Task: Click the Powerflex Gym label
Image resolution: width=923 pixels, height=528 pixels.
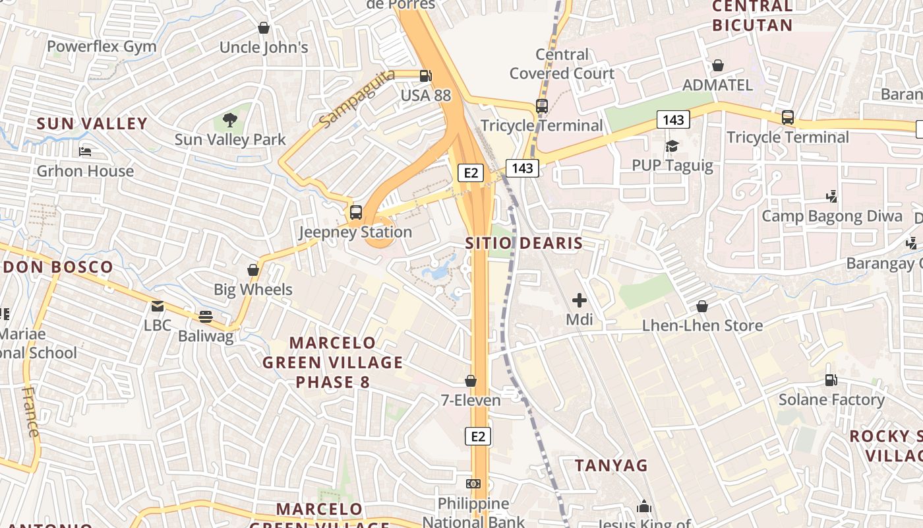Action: point(102,46)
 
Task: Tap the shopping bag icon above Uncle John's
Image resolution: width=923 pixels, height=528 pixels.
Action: point(264,28)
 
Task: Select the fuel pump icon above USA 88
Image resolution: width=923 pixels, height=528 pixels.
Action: point(426,76)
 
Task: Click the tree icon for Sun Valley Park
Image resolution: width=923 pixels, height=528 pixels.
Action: point(230,120)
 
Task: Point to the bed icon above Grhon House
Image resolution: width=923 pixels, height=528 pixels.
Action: point(85,152)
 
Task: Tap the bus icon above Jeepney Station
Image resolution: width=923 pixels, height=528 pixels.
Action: point(356,213)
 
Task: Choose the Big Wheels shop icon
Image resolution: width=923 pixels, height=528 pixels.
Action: point(253,270)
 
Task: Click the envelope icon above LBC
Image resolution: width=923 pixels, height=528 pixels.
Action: point(157,306)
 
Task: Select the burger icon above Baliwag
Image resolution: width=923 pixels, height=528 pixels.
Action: point(206,317)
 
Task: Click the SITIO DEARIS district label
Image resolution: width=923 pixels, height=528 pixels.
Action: point(524,243)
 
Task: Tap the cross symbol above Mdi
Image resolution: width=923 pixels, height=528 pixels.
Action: point(580,301)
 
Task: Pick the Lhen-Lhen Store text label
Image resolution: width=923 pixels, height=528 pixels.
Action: point(702,325)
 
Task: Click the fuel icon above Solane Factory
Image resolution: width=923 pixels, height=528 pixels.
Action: point(831,380)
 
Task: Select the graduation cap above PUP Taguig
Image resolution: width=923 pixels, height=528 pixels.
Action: point(672,146)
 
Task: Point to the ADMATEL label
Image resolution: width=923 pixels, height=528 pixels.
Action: point(717,85)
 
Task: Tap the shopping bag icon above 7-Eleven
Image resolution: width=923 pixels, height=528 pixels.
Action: point(471,381)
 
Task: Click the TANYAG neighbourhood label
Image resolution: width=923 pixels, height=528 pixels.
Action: point(611,465)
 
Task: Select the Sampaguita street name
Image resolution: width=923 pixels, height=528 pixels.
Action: point(357,98)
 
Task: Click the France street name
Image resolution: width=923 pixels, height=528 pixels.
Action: point(31,412)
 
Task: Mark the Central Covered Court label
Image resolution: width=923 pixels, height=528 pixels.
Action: point(562,63)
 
